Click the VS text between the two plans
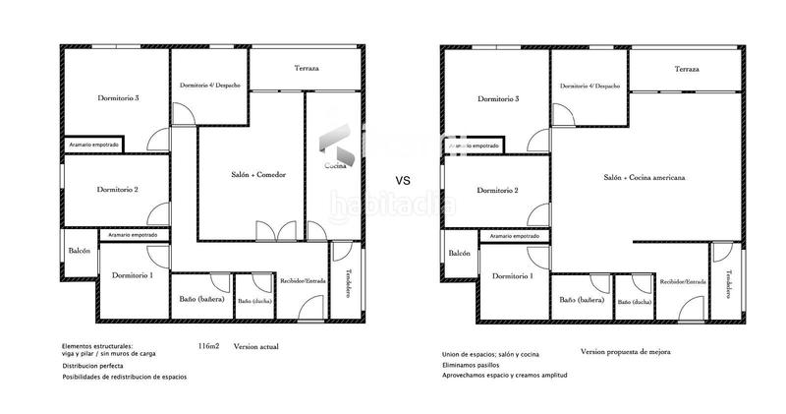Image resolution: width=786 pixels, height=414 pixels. click(x=403, y=180)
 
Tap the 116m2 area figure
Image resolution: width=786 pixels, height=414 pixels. click(x=208, y=347)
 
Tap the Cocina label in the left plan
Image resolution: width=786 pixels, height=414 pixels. click(x=335, y=167)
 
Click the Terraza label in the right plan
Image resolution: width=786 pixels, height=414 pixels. click(x=687, y=69)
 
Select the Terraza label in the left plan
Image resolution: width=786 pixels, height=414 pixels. click(x=307, y=68)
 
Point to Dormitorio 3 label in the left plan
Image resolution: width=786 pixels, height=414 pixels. click(x=117, y=97)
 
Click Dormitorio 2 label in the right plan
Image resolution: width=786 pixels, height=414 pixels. click(x=497, y=190)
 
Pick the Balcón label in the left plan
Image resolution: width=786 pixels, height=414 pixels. click(x=80, y=251)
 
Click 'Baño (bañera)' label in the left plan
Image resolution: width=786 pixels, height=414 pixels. click(x=201, y=299)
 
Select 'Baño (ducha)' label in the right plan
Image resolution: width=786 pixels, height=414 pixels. click(x=634, y=302)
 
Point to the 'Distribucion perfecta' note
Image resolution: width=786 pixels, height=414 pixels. click(x=96, y=365)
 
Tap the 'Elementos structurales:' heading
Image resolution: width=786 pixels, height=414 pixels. click(x=97, y=346)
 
